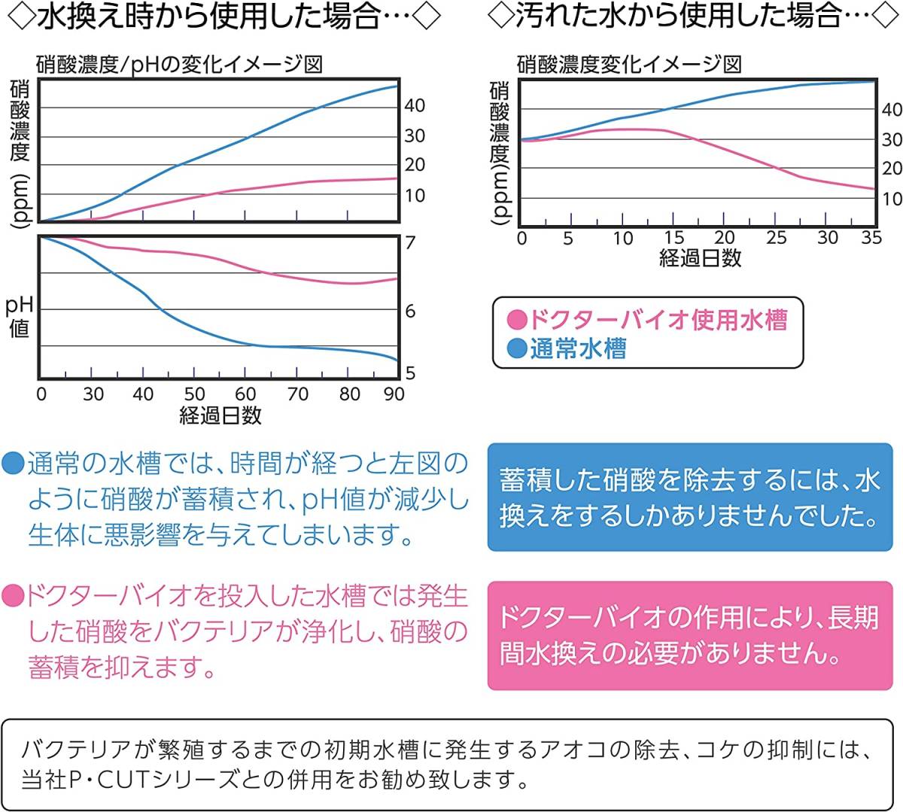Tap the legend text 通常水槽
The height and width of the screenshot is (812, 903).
coord(578,348)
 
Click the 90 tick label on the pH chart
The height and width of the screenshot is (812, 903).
coord(394,394)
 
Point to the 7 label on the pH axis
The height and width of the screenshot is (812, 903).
coord(410,243)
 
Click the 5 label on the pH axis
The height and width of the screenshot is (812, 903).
coord(410,373)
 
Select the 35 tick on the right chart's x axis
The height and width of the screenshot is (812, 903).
coord(871,238)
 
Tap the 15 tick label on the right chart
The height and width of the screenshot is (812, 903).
coord(673,238)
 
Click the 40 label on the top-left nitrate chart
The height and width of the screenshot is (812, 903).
coord(415,106)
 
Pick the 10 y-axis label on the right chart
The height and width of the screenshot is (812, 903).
coord(892,199)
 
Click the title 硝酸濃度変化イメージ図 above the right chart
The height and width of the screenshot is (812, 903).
coord(629,64)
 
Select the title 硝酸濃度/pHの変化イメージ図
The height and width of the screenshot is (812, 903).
coord(179,64)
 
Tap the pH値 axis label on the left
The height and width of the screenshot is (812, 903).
coord(19,317)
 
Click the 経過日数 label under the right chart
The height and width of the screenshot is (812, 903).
coord(700,258)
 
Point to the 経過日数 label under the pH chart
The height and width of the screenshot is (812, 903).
coord(220,415)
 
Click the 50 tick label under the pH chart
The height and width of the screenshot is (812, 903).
coord(194,394)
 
